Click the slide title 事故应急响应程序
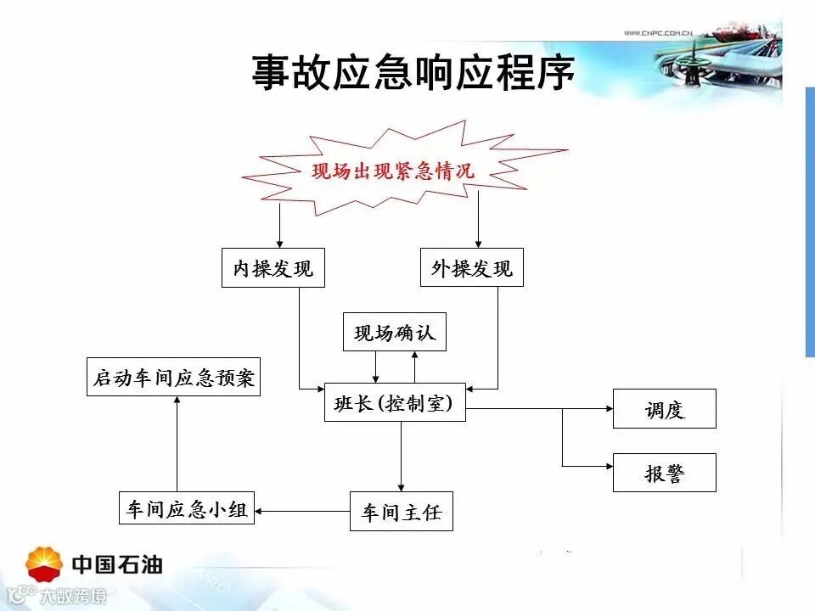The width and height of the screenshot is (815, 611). [413, 73]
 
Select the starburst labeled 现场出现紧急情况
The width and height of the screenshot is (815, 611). [392, 171]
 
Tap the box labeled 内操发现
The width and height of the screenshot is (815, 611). [273, 268]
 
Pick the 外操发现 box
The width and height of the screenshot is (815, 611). [472, 268]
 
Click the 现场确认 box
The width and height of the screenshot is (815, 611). [394, 332]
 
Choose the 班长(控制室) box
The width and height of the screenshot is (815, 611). [396, 403]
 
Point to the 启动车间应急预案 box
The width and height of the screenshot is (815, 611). [174, 377]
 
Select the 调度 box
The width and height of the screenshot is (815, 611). [664, 409]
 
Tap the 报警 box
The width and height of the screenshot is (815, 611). [664, 473]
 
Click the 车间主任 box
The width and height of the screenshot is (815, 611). [402, 512]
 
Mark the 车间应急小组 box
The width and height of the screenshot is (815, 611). [187, 508]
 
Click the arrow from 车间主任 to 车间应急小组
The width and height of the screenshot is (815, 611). [302, 511]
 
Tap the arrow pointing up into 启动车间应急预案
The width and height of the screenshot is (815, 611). [177, 441]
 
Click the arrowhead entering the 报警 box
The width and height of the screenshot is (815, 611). [608, 465]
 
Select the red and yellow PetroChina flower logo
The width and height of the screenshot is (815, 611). [45, 563]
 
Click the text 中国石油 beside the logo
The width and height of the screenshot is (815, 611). [117, 564]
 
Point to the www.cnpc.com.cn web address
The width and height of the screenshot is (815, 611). [659, 33]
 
